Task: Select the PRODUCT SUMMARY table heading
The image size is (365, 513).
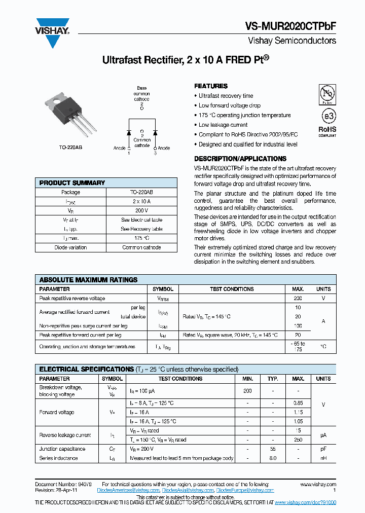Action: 72,183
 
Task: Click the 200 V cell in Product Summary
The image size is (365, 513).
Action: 141,210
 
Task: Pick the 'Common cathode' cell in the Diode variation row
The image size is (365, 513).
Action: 141,247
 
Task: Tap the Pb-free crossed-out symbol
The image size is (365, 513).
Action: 327,94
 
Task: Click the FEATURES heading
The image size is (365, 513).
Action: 211,86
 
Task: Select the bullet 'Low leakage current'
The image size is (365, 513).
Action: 223,125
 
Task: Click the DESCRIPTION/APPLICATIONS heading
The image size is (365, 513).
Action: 240,159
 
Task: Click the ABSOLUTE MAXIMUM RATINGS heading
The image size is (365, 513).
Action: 88,280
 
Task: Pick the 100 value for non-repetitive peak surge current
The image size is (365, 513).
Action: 298,326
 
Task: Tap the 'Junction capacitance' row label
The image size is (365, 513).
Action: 62,449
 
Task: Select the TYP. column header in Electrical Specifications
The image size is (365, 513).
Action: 273,379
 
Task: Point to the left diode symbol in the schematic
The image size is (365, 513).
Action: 129,132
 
